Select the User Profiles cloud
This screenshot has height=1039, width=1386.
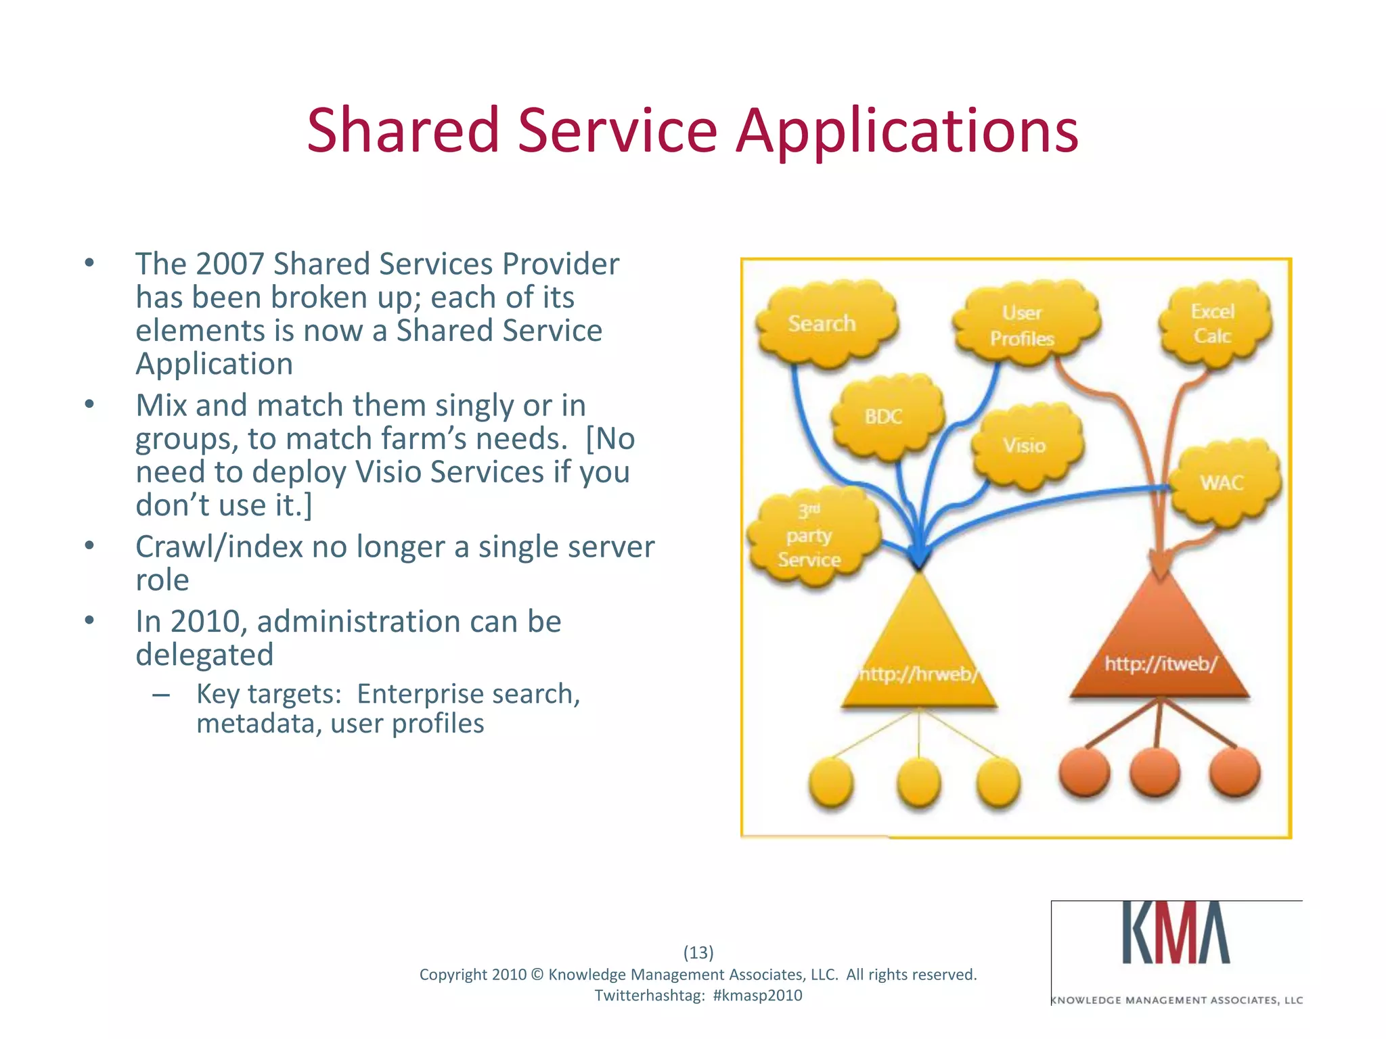(1023, 325)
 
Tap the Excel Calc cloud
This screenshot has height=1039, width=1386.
(1213, 323)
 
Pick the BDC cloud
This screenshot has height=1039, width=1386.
(885, 416)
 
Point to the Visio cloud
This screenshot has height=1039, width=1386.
(1025, 445)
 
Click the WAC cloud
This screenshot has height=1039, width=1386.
(1224, 482)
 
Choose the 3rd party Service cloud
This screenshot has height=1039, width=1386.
(811, 536)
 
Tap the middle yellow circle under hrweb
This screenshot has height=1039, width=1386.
(918, 783)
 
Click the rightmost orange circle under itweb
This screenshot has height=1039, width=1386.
(1234, 772)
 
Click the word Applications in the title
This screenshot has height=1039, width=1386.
(907, 132)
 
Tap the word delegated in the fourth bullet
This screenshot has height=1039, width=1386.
(204, 655)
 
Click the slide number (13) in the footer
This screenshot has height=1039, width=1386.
(698, 952)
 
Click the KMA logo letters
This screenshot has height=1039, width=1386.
(1176, 933)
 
